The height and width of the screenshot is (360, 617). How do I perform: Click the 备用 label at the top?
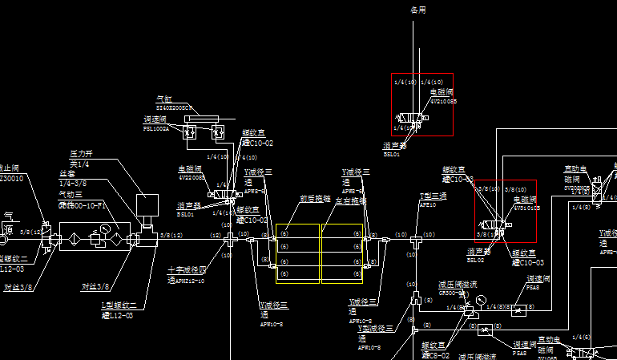tap(418, 10)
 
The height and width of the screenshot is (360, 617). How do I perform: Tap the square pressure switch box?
tap(147, 206)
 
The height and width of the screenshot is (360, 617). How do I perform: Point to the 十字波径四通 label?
tap(187, 275)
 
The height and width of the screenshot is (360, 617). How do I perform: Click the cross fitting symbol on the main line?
tap(230, 238)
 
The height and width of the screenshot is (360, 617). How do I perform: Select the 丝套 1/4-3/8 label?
tap(73, 177)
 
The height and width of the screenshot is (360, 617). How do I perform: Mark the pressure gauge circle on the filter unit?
tap(101, 230)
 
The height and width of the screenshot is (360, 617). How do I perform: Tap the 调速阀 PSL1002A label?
tap(156, 123)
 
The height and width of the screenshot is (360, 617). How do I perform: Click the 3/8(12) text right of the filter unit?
tap(171, 235)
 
